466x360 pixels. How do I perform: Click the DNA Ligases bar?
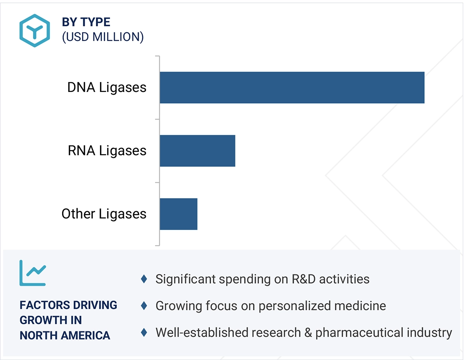[x=292, y=88]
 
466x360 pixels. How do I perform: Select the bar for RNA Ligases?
[x=197, y=151]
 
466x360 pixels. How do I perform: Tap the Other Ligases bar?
[x=178, y=214]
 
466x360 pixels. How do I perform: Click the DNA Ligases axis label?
[x=107, y=88]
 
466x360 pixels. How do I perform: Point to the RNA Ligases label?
[x=107, y=151]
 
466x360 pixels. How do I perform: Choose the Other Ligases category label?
[x=104, y=214]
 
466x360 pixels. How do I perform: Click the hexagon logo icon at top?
[x=35, y=31]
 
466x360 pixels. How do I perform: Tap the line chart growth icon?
[x=33, y=273]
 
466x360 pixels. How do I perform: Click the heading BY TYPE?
[x=86, y=22]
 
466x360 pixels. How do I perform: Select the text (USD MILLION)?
[x=103, y=37]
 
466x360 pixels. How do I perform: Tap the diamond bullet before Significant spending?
[x=144, y=279]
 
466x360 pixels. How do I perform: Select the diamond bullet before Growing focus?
[x=144, y=306]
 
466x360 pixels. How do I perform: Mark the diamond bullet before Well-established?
[x=144, y=332]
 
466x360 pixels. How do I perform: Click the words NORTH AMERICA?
[x=65, y=335]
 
